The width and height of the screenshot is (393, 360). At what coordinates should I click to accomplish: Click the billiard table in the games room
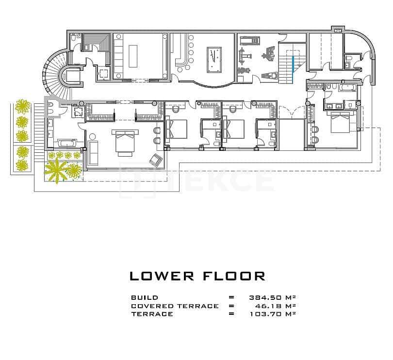214,60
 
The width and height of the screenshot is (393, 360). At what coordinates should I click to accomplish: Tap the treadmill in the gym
250,40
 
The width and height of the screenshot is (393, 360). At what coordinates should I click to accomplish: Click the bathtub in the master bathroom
66,143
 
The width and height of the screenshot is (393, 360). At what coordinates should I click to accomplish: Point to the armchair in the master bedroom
156,160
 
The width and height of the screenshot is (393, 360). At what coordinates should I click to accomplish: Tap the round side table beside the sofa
93,137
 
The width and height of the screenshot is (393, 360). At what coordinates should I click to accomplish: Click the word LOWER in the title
162,276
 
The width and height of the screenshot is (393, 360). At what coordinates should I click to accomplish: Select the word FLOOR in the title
234,276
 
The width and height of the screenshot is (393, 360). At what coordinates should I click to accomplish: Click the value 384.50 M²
273,297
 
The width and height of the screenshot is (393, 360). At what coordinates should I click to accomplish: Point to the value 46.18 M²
276,306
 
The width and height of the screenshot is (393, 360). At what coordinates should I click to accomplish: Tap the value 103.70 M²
273,314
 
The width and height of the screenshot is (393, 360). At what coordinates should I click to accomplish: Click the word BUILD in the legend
145,297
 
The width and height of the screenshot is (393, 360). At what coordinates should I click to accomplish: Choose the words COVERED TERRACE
175,306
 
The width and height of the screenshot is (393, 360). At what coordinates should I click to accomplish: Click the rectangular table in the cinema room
133,56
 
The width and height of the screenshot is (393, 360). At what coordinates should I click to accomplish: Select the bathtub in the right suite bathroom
347,87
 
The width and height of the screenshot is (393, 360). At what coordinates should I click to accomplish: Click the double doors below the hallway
291,112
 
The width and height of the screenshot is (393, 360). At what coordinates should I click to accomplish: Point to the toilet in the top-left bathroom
73,38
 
